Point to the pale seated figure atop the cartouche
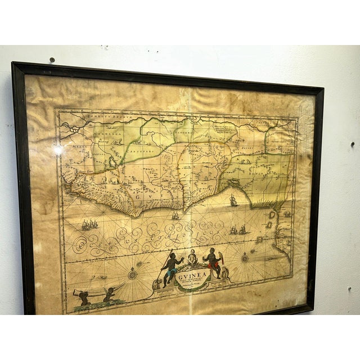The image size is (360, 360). (192, 258)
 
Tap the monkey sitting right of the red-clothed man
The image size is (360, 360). (224, 273)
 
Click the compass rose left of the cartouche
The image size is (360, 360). (133, 274)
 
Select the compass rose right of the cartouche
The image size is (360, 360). (245, 258)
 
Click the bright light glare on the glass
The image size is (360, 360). (58, 151)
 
